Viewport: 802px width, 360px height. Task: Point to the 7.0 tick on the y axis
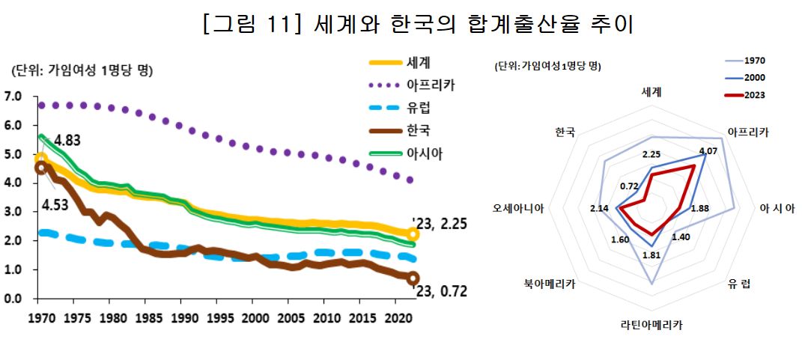coord(13,97)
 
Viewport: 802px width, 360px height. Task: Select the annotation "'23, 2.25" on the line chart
coord(440,223)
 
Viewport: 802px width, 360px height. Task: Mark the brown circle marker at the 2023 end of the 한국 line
coord(413,278)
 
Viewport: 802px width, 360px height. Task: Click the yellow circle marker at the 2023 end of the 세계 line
coord(413,234)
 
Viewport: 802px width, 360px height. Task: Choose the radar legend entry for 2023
coord(754,94)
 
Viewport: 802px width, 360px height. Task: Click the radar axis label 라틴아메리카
coord(651,326)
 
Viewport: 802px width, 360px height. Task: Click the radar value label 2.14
coord(600,208)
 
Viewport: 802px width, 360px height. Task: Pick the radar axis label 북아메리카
coord(550,284)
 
